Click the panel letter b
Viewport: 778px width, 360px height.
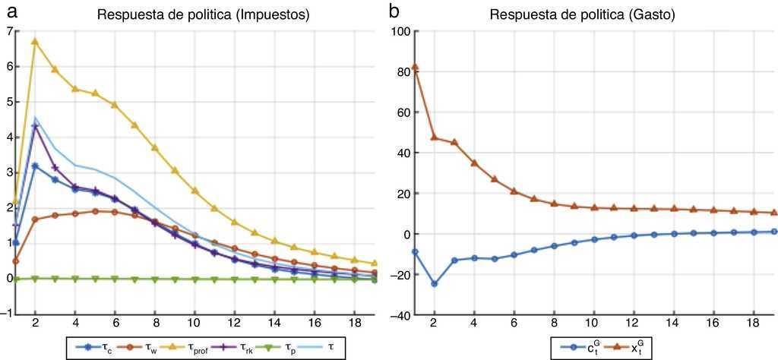[x=394, y=11]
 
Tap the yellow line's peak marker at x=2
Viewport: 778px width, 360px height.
[x=35, y=41]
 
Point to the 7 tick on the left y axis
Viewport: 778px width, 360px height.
[x=8, y=31]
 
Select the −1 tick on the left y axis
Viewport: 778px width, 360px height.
[x=7, y=314]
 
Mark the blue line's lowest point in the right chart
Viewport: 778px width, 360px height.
[x=435, y=283]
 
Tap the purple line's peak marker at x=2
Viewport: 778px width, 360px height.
[x=35, y=126]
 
